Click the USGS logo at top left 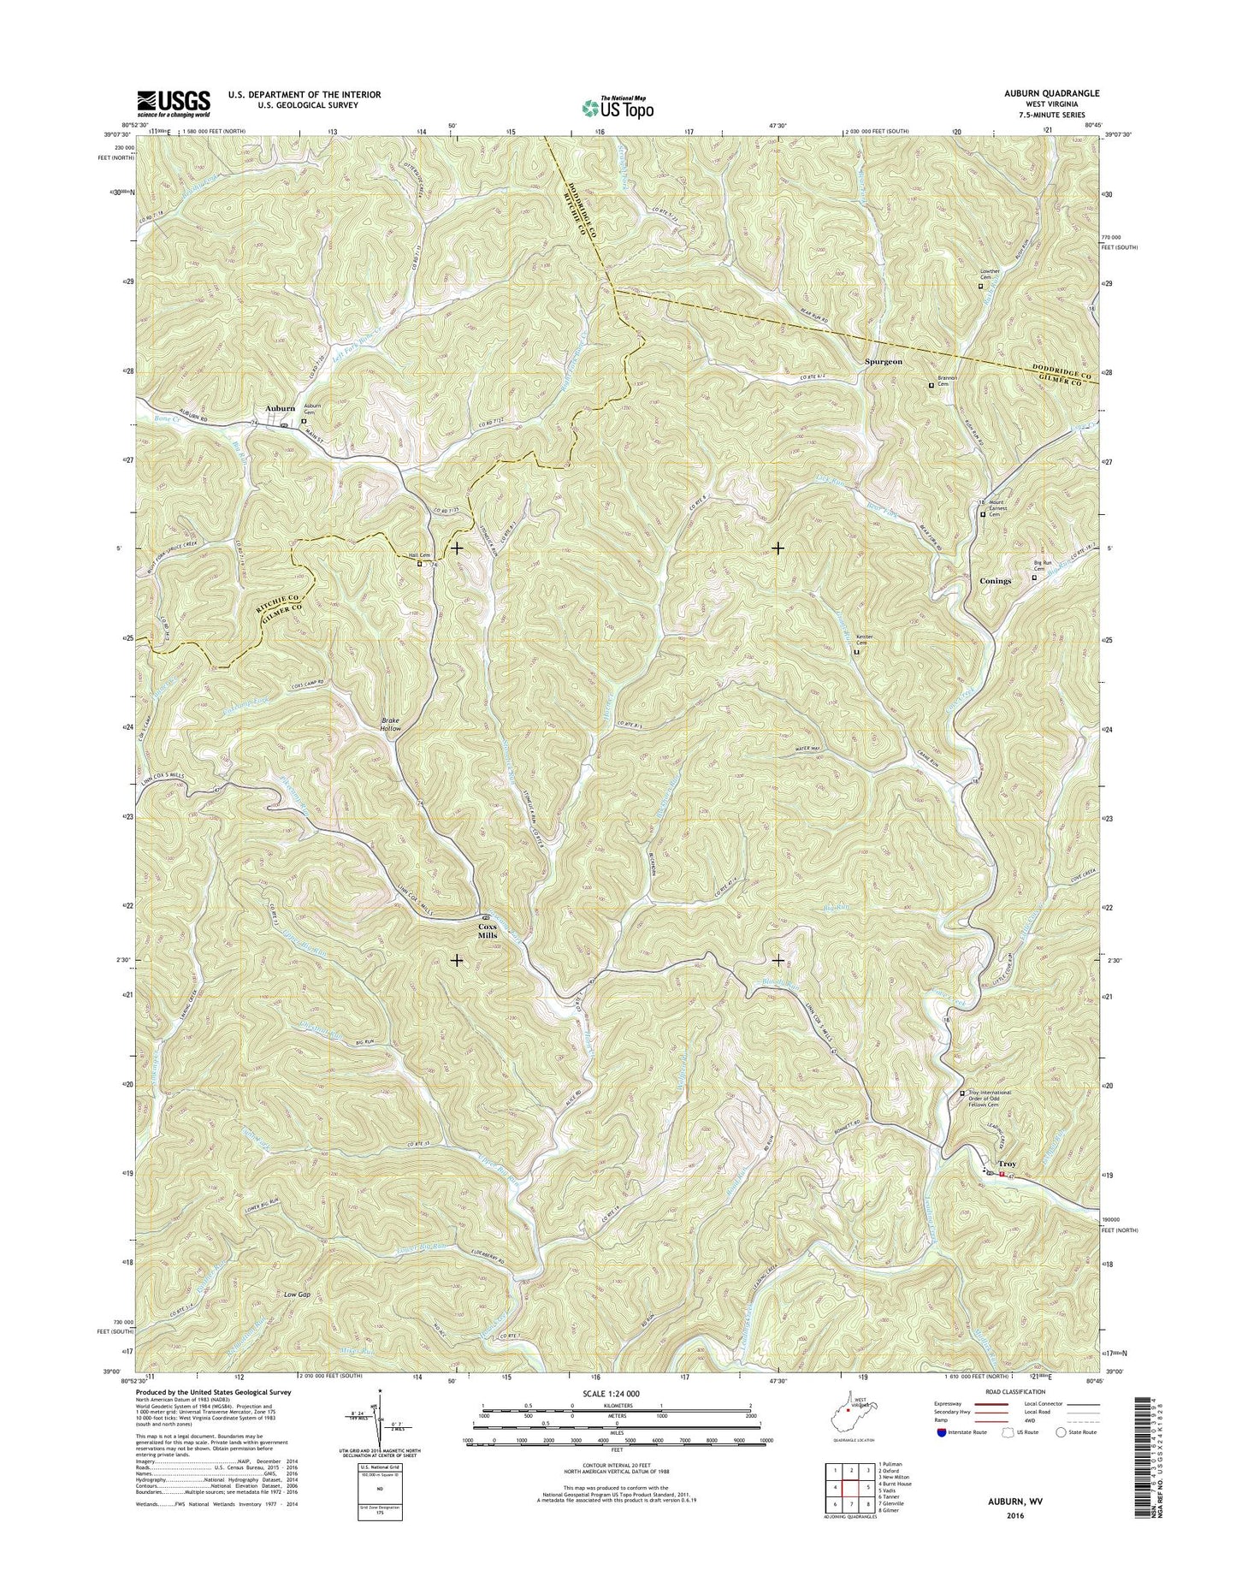(174, 104)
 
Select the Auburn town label (280, 409)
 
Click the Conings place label (994, 581)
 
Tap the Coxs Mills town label (487, 931)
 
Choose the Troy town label (1008, 1164)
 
